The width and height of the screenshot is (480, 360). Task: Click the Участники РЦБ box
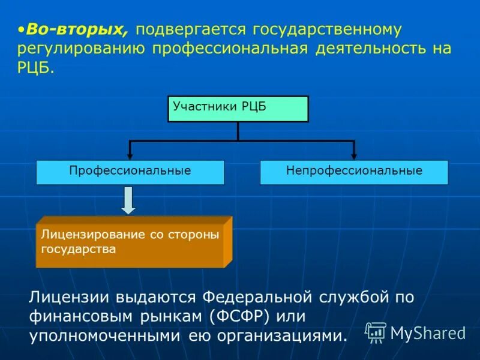click(238, 109)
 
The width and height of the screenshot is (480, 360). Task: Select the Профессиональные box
click(130, 172)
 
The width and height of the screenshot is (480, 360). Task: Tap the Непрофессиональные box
click(354, 172)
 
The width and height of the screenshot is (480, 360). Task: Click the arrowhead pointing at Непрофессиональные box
click(354, 155)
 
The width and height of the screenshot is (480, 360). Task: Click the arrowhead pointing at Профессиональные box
click(130, 155)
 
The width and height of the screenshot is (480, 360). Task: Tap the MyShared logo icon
click(376, 332)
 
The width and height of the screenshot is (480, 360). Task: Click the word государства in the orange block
click(78, 248)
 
